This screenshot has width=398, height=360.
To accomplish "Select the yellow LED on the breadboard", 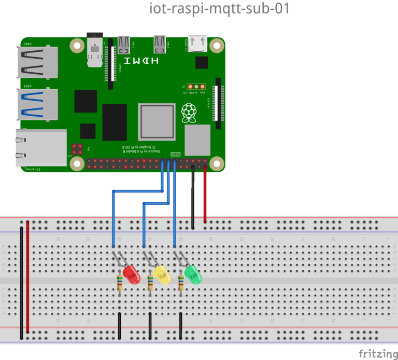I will click(x=162, y=274).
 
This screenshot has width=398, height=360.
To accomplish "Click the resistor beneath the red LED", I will click(x=120, y=283).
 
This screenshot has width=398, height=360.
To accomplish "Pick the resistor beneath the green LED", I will click(x=181, y=283).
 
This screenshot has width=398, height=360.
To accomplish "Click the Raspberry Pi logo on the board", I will click(x=189, y=113).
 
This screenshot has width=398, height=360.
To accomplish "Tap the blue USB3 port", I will click(x=37, y=103).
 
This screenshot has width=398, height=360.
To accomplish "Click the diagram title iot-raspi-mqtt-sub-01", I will click(x=219, y=9).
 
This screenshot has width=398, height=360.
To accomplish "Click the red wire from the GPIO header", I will click(x=205, y=195).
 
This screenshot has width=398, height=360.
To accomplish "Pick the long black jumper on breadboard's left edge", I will click(x=21, y=283).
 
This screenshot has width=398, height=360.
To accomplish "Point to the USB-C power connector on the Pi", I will click(x=197, y=44).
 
